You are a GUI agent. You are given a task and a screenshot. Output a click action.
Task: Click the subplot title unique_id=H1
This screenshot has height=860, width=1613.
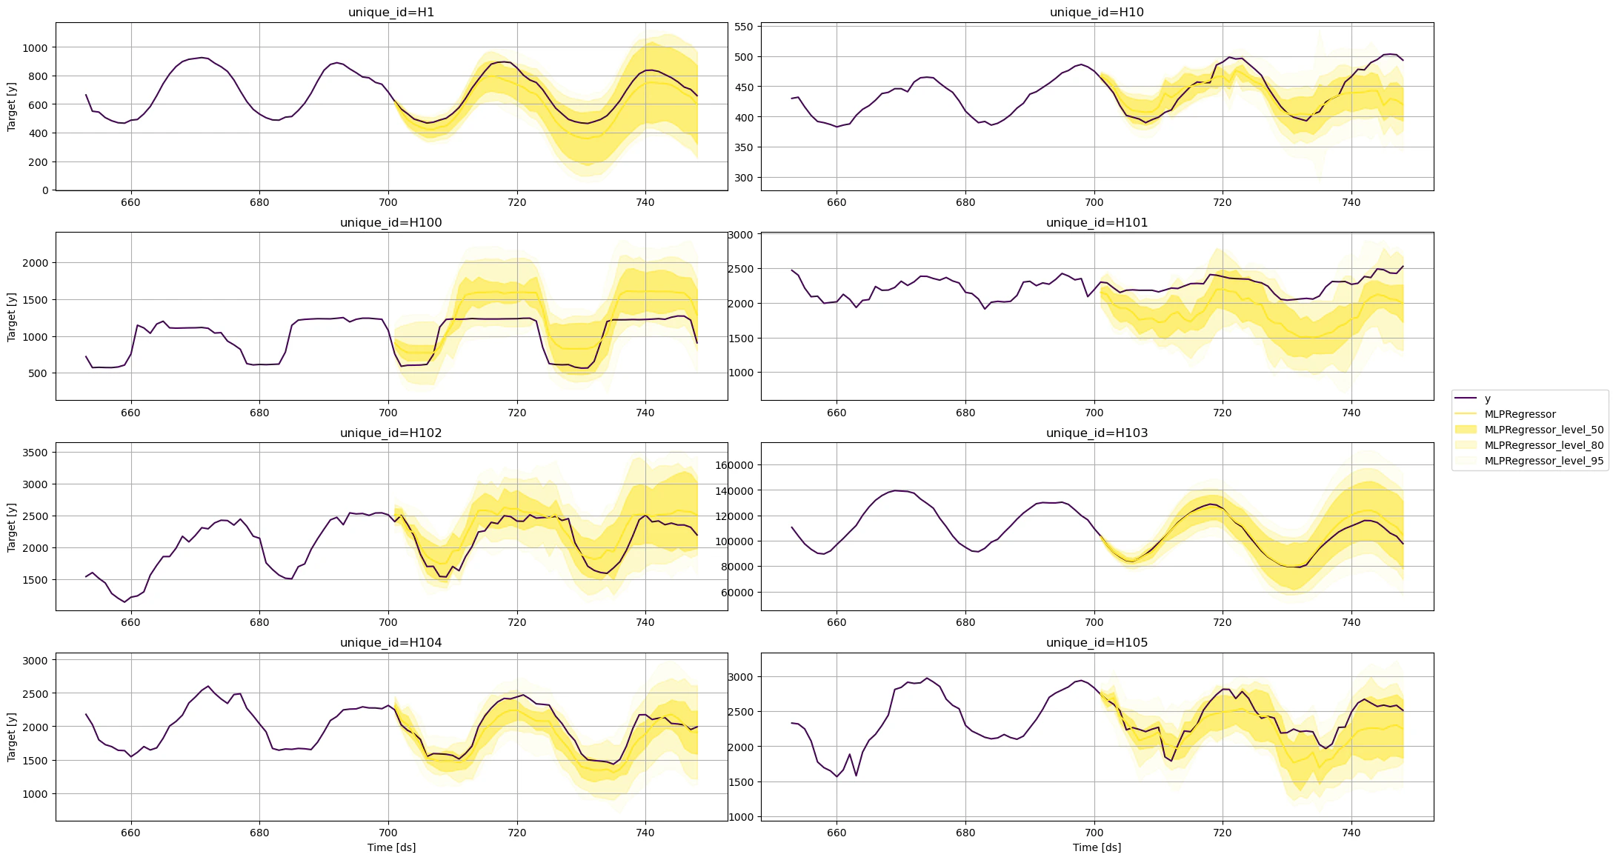coord(391,13)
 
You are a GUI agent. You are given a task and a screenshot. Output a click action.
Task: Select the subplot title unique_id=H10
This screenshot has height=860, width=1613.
coord(1097,13)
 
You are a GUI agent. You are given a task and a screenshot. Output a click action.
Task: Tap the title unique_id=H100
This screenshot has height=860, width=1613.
coord(391,223)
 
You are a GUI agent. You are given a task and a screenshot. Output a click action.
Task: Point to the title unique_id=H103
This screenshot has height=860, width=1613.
coord(1097,433)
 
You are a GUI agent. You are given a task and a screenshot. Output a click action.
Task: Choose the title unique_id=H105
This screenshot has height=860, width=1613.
coord(1097,643)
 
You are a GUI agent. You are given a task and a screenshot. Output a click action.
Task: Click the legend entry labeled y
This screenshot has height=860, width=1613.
coord(1488,399)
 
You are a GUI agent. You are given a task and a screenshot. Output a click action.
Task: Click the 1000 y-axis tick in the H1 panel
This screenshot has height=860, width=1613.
coord(36,47)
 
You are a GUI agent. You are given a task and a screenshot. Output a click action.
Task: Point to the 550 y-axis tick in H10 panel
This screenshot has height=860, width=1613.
coord(743,27)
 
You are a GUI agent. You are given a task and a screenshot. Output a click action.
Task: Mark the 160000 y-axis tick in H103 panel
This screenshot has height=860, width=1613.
coord(733,465)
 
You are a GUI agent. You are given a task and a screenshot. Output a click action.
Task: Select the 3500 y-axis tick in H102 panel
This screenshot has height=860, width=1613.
coord(36,453)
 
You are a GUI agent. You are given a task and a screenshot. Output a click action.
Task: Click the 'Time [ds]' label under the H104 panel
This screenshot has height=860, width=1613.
coord(391,847)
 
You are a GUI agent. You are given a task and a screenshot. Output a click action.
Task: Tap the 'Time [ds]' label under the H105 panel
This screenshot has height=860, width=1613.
coord(1097,847)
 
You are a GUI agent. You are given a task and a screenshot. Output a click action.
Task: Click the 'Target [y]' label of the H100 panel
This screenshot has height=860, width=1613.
coord(11,317)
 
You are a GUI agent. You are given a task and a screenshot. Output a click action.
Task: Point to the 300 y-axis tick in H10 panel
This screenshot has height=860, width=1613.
coord(743,178)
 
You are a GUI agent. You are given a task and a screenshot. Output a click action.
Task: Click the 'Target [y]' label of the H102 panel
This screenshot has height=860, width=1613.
coord(11,527)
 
